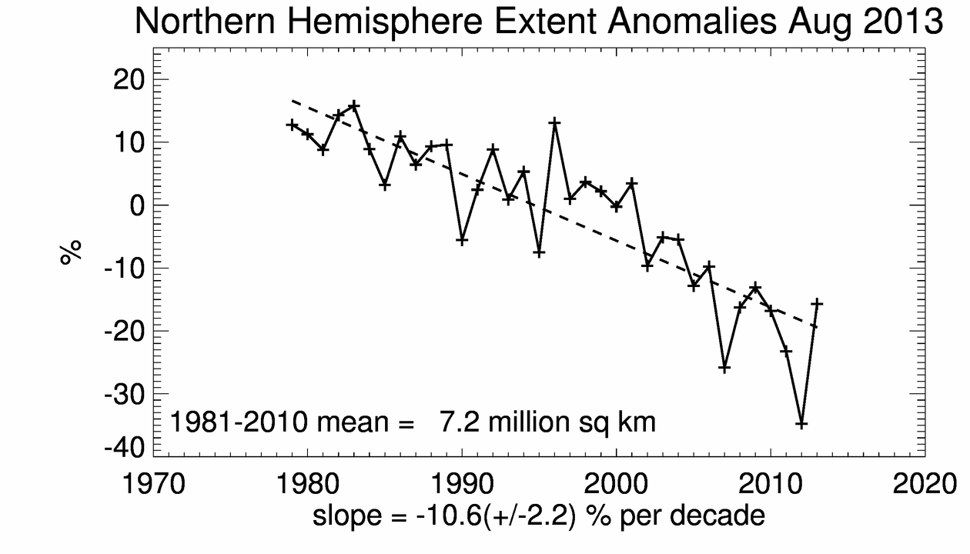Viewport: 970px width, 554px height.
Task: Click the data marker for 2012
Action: pos(801,424)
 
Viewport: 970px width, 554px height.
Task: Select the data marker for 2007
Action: pos(724,369)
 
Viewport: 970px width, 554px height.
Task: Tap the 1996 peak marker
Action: pos(554,123)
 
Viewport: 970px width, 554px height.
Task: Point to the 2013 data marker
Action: pos(817,304)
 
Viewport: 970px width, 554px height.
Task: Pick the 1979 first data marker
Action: pos(292,125)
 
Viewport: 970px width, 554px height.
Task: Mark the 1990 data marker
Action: pos(462,240)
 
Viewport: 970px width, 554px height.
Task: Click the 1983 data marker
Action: pos(354,105)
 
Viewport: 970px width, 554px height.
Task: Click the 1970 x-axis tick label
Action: pos(154,485)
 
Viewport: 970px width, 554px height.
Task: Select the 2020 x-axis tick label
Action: pos(925,485)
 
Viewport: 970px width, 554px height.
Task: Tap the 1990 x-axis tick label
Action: pos(462,485)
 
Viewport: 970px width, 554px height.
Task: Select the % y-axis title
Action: pos(72,252)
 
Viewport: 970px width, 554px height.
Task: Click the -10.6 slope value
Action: pos(442,516)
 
